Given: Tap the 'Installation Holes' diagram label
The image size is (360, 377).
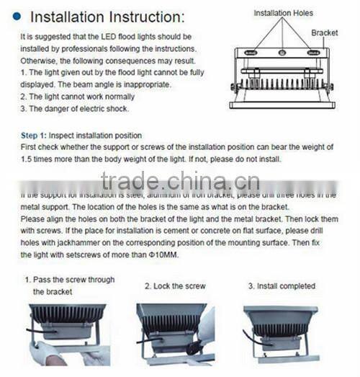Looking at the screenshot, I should tap(283, 13).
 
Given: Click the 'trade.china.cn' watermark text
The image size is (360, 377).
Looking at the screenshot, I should tap(180, 180).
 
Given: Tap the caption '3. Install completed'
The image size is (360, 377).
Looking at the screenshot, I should tap(282, 286).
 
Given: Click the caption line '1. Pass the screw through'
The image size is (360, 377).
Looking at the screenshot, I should tap(69, 280).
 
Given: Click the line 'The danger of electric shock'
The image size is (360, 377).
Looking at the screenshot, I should tap(73, 109).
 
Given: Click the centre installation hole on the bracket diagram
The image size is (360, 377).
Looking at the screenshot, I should tap(282, 53).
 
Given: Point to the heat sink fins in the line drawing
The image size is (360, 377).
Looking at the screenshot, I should tap(282, 84).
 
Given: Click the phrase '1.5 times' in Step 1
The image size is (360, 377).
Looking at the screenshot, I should tap(37, 159).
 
